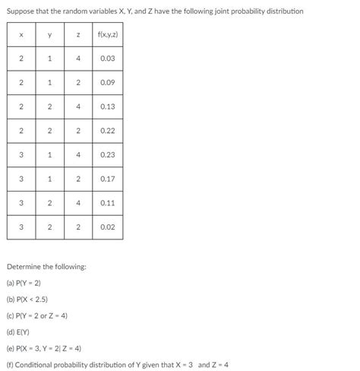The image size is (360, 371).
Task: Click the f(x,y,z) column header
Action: pos(107,35)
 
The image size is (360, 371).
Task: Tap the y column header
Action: pos(49,35)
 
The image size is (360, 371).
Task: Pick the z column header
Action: pos(77,35)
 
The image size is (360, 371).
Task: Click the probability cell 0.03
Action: pos(107,59)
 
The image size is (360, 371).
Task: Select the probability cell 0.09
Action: pos(107,82)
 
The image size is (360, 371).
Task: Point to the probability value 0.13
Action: pos(107,106)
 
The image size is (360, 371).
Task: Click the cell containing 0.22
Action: pos(107,130)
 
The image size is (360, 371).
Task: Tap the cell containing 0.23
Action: pos(107,154)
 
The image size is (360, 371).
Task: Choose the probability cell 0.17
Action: pos(107,179)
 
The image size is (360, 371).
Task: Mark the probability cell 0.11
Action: pos(107,202)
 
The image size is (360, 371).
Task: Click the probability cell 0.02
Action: pos(107,227)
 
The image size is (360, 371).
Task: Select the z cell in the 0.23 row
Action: pos(77,154)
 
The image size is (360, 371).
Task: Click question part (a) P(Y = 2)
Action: pos(24,283)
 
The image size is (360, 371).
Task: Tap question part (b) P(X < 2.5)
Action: pos(27,299)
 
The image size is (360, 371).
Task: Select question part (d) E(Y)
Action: pos(18,331)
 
